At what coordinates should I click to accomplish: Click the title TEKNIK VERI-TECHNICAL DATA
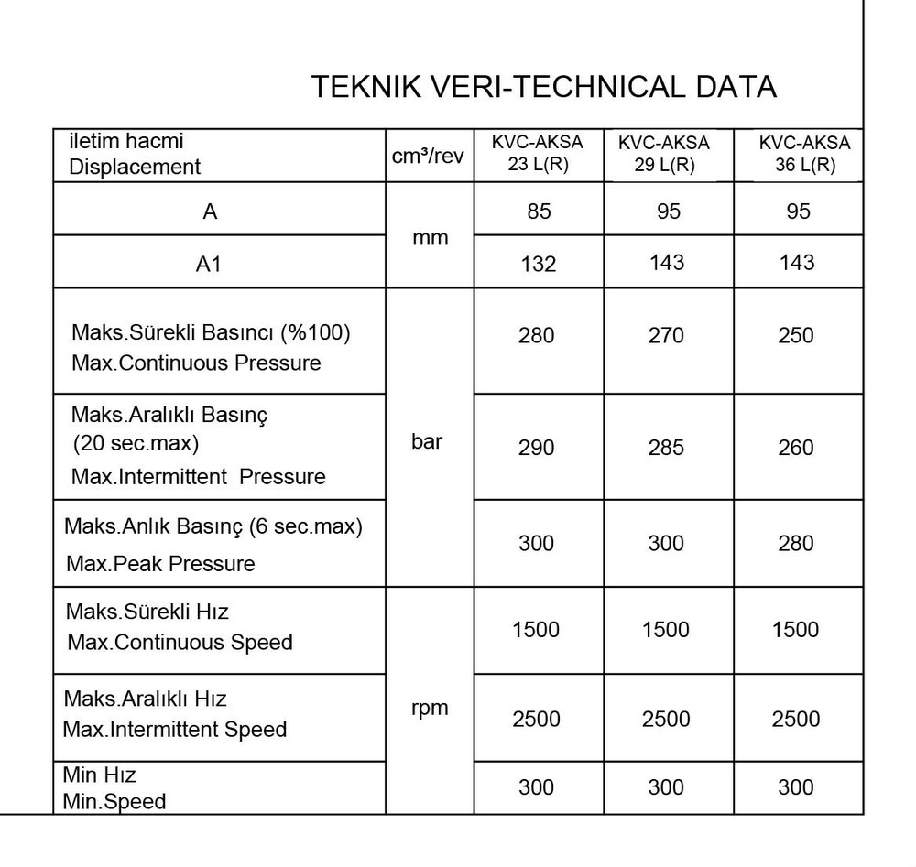coord(543,87)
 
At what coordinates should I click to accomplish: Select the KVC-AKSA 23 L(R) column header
coord(538,155)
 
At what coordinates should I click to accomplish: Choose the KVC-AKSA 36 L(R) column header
coord(798,155)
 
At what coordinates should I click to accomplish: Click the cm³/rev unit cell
coord(429,156)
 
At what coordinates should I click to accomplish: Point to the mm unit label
coord(430,238)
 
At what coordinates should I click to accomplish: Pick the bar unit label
coord(427,441)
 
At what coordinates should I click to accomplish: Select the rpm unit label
coord(430,708)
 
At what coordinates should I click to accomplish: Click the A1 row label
coord(210,265)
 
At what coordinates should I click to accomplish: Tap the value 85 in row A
coord(539,211)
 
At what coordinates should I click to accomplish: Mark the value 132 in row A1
coord(538,264)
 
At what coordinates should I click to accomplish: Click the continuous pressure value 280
coord(537,336)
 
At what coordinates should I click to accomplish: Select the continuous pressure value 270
coord(666,336)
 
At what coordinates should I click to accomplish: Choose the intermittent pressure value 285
coord(666,448)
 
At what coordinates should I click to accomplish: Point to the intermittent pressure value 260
coord(795,448)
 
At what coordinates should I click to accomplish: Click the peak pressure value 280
coord(795,544)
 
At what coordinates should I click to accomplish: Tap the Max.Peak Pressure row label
coord(160,563)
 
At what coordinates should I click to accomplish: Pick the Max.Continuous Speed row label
coord(180,642)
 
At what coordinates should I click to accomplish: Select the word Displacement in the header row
coord(136,167)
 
